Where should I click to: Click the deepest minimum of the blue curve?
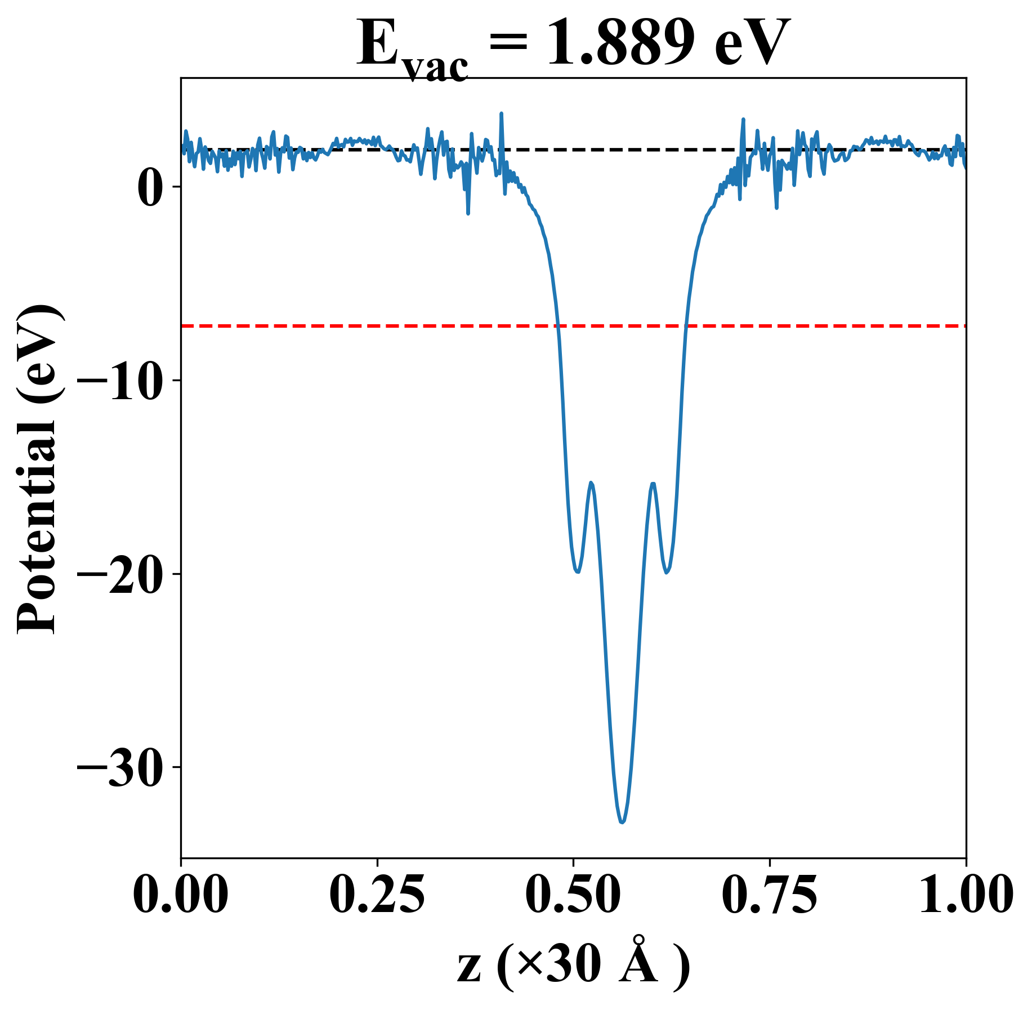pyautogui.click(x=622, y=823)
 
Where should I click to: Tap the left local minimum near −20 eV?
pyautogui.click(x=577, y=572)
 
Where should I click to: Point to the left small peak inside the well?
pyautogui.click(x=591, y=482)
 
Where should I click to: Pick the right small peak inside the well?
pyautogui.click(x=653, y=483)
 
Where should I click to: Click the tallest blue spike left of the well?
pyautogui.click(x=501, y=114)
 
